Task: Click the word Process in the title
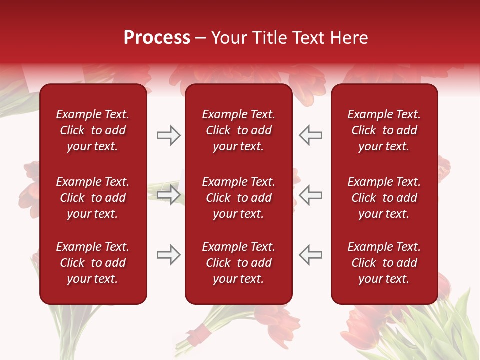157,38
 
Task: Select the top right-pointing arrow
168,135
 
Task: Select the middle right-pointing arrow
168,194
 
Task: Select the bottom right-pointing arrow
168,254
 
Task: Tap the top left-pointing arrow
310,135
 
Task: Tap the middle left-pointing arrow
310,194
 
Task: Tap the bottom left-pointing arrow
310,254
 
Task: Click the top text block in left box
93,130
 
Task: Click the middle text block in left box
93,198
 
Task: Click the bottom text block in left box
93,263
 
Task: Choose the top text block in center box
238,130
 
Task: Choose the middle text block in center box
238,198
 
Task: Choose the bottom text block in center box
238,263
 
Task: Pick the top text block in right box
384,130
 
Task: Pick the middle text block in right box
384,198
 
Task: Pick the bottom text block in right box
384,263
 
